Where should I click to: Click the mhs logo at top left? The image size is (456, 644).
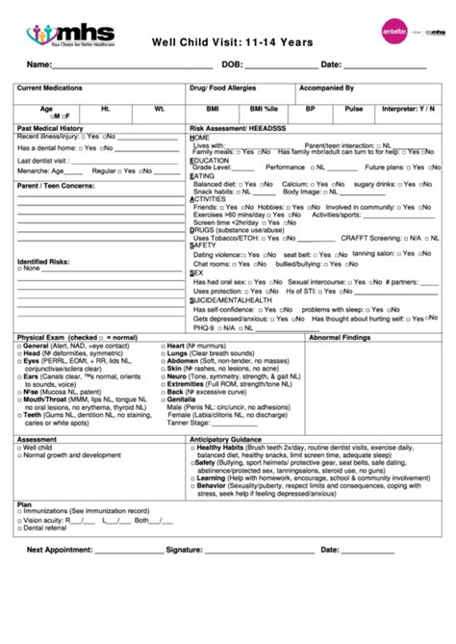(70, 35)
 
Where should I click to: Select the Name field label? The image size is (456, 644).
(38, 65)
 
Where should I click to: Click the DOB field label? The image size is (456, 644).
(231, 65)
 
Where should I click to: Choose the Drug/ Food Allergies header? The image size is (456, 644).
(225, 88)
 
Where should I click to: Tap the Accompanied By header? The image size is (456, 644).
(327, 88)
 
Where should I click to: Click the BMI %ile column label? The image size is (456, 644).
(264, 109)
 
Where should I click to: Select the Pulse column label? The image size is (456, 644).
(354, 109)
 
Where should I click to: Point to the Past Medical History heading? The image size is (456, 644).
(50, 128)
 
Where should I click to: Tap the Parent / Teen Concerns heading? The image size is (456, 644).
(54, 184)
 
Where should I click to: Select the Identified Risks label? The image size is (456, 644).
(43, 261)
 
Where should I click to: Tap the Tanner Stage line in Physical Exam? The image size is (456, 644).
(188, 422)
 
